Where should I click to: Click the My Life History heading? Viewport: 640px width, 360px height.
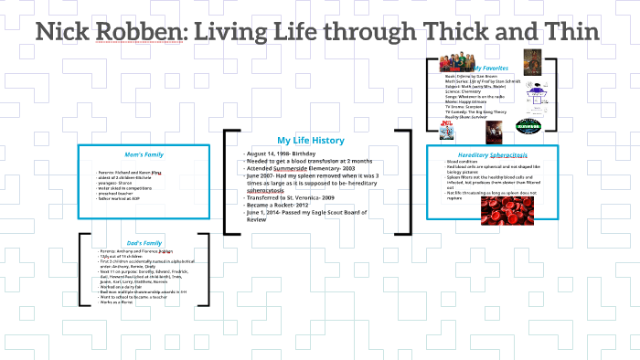click(310, 140)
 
